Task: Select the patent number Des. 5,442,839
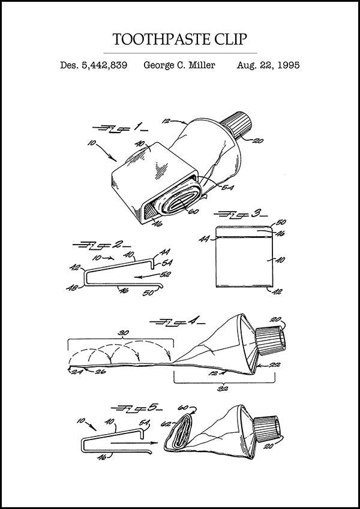click(93, 65)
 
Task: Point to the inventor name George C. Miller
click(179, 65)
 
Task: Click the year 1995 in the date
click(287, 65)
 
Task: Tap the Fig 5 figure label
click(137, 408)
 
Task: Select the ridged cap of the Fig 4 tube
click(271, 341)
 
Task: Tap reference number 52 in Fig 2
click(166, 273)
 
